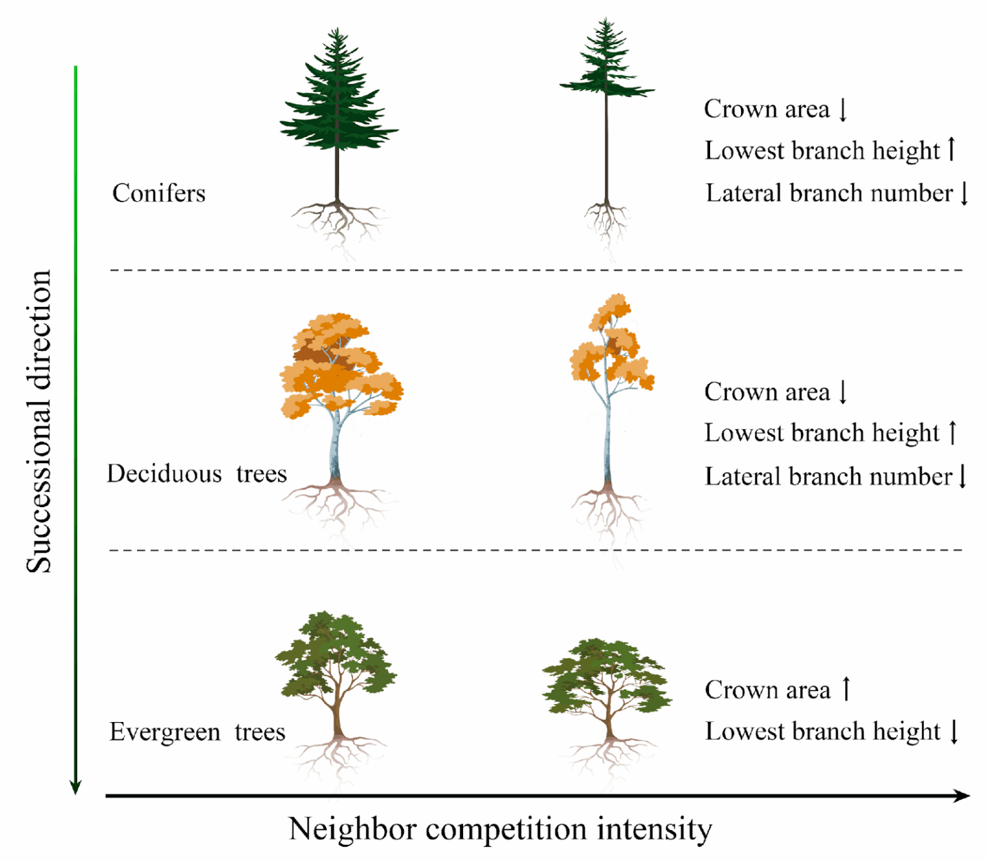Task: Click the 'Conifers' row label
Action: point(158,193)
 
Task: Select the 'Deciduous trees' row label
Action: point(196,474)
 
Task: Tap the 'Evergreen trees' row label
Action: point(197,732)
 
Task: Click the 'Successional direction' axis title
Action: point(39,421)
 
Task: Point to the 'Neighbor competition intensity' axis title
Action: point(500,829)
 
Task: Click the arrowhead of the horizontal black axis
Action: point(962,796)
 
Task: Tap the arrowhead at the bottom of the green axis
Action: point(75,786)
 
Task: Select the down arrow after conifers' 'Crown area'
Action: point(843,109)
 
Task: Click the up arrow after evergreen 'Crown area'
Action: point(846,689)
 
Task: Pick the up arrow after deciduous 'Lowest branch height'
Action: point(953,432)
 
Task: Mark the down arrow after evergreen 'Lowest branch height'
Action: point(954,732)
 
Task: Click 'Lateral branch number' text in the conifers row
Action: point(828,193)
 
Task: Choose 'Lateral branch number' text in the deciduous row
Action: point(828,477)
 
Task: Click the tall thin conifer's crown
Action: point(605,64)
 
